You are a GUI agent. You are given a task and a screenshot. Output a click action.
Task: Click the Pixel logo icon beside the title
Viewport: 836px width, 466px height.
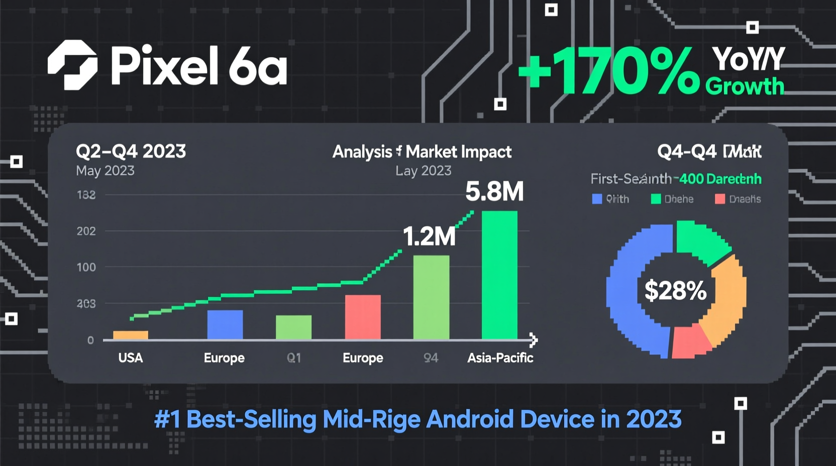72,65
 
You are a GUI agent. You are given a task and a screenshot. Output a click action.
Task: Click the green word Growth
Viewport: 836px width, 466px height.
745,86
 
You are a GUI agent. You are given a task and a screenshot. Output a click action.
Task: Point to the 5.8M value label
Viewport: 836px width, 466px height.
494,191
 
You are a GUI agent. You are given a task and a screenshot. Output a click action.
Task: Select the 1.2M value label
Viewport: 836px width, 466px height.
429,236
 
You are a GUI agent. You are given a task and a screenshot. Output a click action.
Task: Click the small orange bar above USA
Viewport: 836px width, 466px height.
131,335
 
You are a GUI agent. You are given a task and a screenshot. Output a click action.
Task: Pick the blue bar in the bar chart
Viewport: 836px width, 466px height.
225,324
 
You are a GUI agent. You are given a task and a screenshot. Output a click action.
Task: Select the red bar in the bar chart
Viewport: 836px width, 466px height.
363,317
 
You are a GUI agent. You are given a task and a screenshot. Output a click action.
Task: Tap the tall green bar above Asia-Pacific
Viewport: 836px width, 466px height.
499,275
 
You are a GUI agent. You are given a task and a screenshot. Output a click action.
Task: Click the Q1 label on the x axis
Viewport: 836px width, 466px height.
294,358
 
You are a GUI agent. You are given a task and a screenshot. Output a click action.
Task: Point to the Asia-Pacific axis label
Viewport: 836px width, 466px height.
500,358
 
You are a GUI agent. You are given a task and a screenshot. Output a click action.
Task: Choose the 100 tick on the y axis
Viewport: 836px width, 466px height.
86,267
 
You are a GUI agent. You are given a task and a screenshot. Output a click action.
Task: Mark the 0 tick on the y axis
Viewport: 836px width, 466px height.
90,340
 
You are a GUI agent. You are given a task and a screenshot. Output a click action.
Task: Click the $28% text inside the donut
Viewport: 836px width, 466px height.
675,291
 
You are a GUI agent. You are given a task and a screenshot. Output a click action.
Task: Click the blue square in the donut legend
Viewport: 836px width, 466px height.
597,199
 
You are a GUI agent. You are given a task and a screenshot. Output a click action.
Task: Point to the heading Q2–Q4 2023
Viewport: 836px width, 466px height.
131,151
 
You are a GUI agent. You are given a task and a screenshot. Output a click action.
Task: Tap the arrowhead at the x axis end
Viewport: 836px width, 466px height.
534,340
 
